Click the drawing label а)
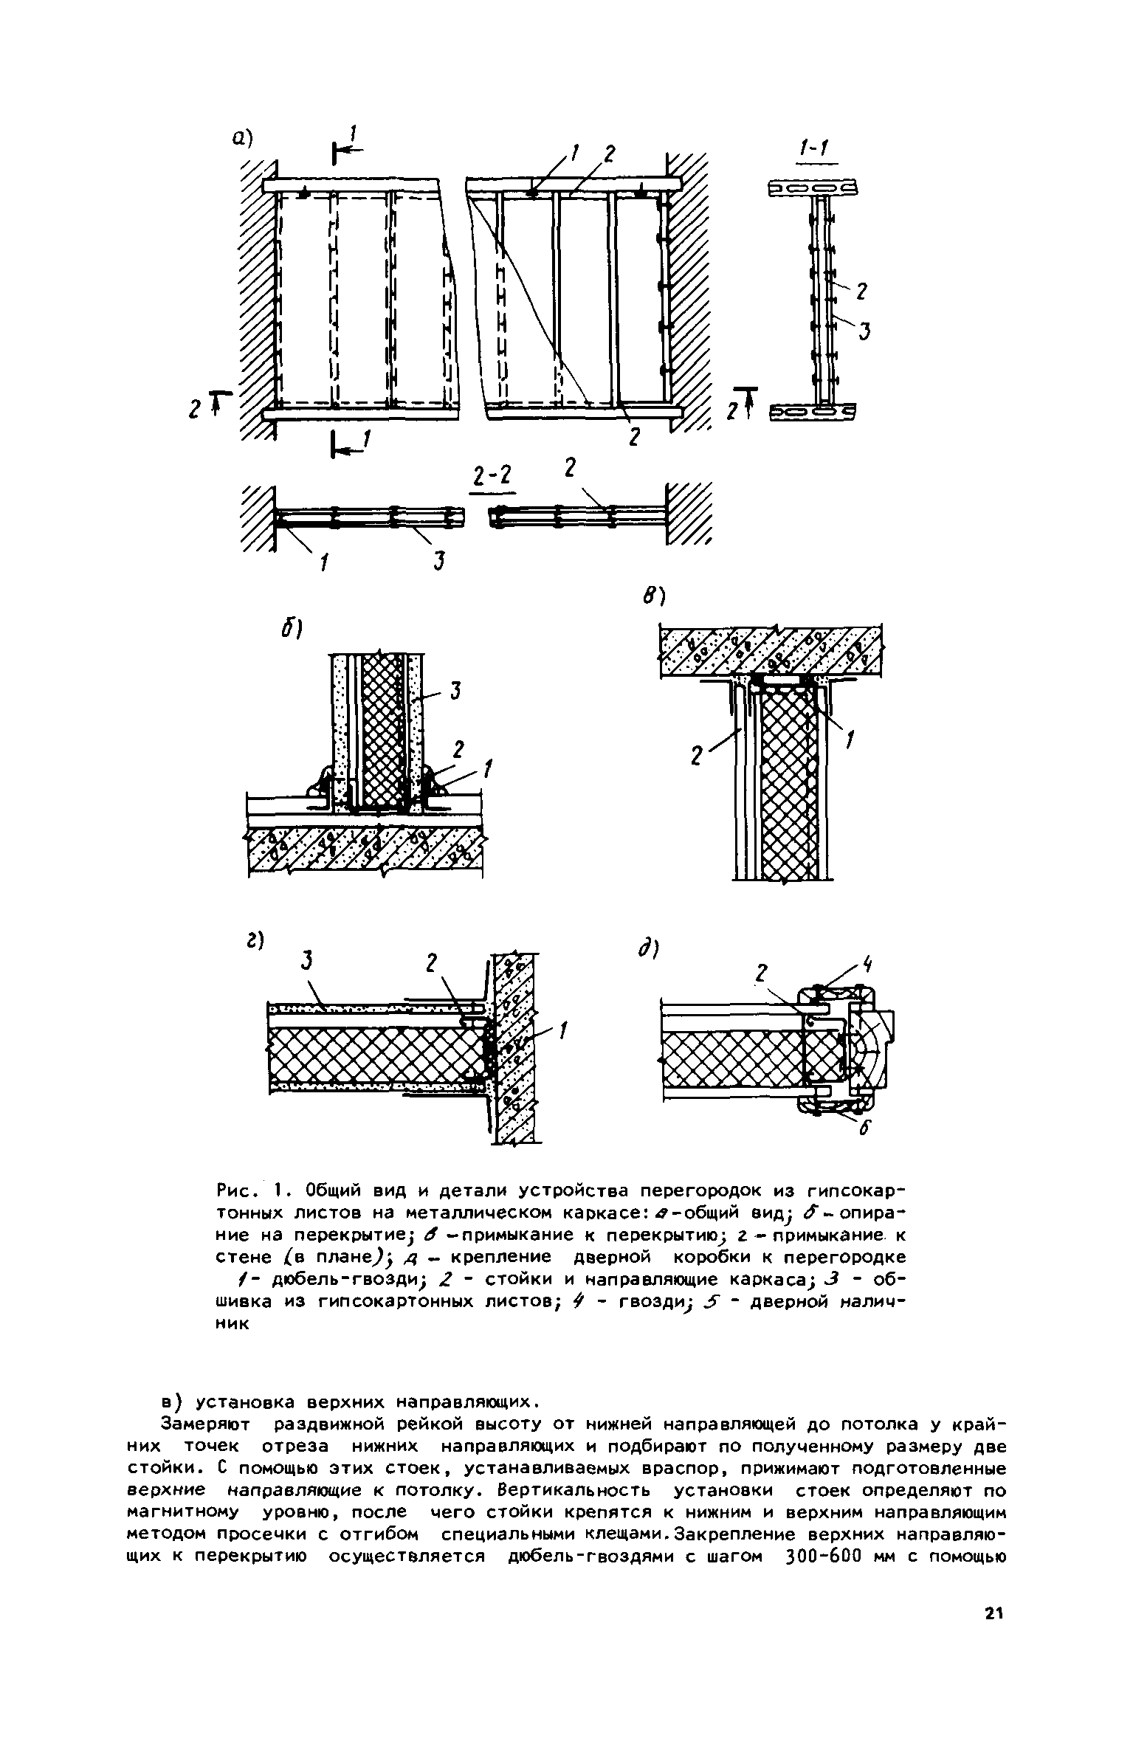(x=242, y=138)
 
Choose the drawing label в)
(x=653, y=596)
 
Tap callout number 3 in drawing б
(x=455, y=691)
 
